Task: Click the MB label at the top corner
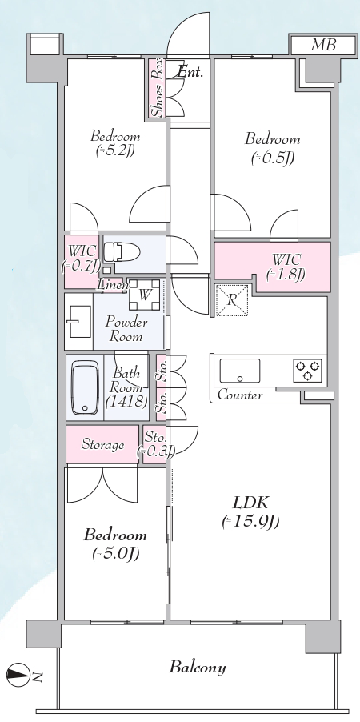[324, 45]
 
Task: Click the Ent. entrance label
[190, 72]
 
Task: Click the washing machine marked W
[145, 295]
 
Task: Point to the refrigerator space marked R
[231, 301]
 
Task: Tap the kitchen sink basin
[239, 371]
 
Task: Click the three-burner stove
[307, 371]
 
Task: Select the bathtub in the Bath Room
[86, 387]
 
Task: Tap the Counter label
[240, 395]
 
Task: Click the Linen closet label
[113, 286]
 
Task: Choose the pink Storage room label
[102, 445]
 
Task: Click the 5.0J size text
[115, 553]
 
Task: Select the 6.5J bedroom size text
[273, 158]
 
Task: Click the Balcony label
[198, 668]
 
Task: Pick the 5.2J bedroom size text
[115, 151]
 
